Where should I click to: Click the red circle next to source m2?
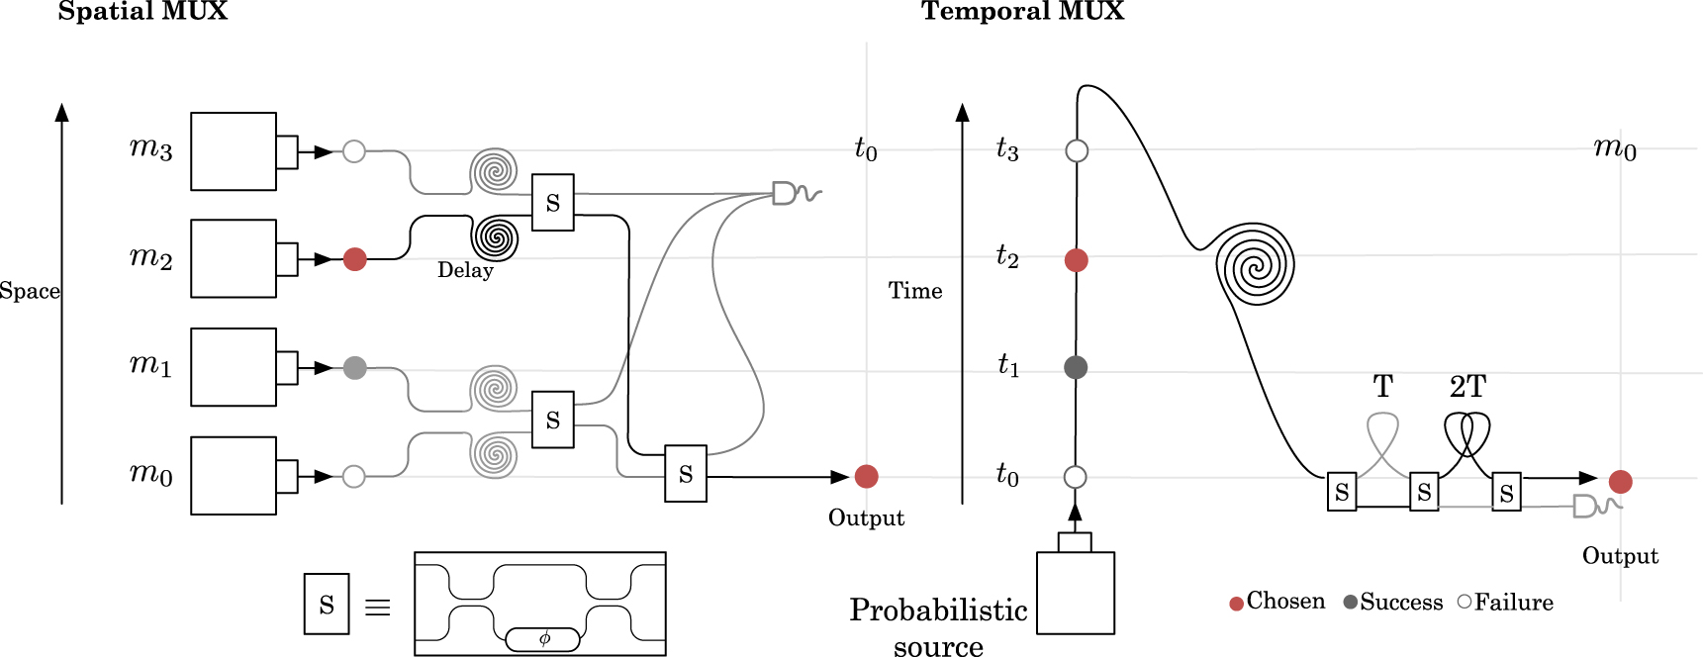pos(354,259)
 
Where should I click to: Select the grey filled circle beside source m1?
pos(354,368)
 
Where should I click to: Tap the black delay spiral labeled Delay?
pos(495,237)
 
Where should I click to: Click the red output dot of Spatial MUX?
pos(866,476)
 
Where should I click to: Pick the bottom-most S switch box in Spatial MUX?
pos(686,474)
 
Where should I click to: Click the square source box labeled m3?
pos(234,151)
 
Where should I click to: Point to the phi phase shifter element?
pos(543,639)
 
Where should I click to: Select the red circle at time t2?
pos(1077,260)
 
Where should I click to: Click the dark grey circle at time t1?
pos(1076,367)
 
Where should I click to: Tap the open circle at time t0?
pos(1076,477)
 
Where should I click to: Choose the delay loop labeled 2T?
pos(1466,432)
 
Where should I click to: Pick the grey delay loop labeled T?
pos(1382,432)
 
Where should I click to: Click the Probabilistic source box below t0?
pos(1076,592)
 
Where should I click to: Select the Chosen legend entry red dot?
pos(1236,604)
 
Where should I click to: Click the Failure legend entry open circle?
pos(1465,602)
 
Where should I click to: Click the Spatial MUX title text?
pos(142,12)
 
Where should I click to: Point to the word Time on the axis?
pos(915,291)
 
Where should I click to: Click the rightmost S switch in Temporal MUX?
pos(1506,492)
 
